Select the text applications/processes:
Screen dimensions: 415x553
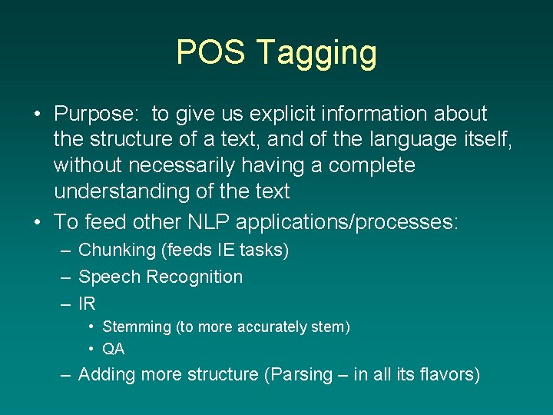347,223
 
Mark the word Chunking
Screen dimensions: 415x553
117,251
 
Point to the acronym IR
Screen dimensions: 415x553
87,304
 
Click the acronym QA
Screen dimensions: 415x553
113,349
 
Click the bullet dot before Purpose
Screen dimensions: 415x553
37,115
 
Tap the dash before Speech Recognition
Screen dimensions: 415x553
65,277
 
